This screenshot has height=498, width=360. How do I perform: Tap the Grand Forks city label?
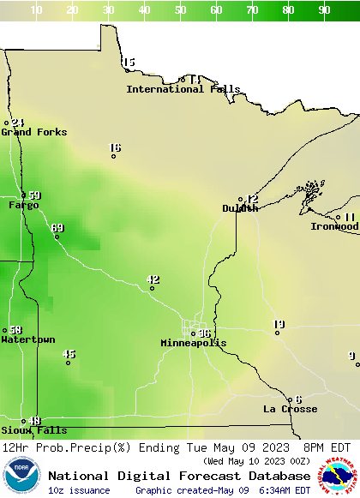tap(33, 132)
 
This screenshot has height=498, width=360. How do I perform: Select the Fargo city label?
tap(23, 205)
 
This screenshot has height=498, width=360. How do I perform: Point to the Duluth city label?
tap(240, 208)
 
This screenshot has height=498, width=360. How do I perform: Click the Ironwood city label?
tap(334, 226)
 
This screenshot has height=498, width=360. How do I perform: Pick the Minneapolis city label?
tap(194, 343)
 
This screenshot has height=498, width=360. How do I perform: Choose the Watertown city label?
tap(27, 339)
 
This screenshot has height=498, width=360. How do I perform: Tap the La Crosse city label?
tap(290, 409)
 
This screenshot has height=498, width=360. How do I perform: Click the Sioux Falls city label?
tap(33, 430)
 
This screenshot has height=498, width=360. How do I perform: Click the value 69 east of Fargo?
tap(57, 228)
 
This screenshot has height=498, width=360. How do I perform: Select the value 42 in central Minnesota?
tap(153, 279)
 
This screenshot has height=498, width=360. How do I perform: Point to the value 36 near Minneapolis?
tap(204, 333)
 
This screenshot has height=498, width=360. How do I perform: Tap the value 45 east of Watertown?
tap(69, 354)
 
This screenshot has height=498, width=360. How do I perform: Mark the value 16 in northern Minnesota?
tap(115, 148)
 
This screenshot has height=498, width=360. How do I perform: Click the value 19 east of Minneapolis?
tap(279, 324)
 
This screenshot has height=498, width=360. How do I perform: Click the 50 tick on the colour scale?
tap(181, 10)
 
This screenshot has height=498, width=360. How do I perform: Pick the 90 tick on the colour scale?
tap(325, 10)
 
